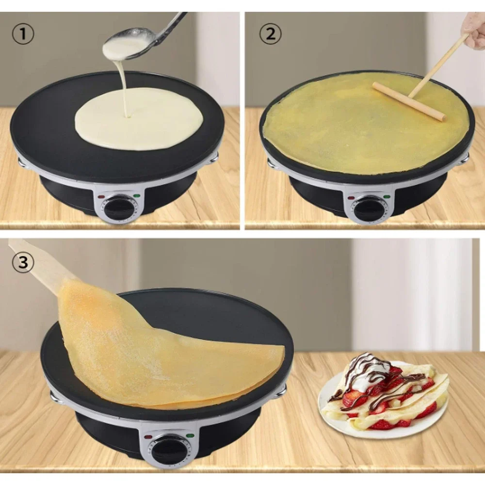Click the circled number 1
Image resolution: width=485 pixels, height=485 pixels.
23,34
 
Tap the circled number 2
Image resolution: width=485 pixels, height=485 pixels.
270,34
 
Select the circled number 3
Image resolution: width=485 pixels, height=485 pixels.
23,262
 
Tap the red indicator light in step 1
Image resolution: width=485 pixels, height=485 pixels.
100,197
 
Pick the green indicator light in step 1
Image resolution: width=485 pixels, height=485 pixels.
137,195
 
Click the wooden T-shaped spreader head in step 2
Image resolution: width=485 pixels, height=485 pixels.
409,101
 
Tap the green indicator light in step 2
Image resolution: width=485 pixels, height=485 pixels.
387,196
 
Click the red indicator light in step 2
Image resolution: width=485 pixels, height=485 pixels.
351,198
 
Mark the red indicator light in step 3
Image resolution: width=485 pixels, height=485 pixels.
147,437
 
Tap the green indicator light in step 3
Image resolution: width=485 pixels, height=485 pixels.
190,436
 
